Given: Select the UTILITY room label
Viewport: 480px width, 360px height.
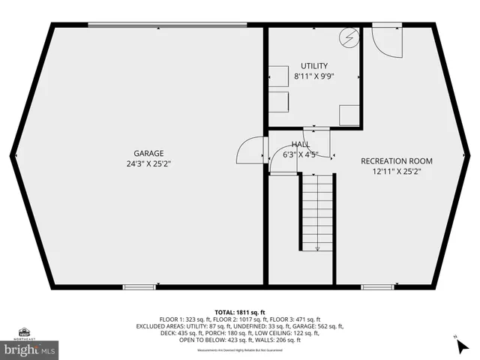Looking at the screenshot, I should (x=314, y=66).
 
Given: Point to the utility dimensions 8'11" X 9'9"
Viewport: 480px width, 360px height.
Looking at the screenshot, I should (x=314, y=76).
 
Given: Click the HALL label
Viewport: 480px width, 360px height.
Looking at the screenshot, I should (x=301, y=144).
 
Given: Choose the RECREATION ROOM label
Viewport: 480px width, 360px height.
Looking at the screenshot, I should (x=397, y=160).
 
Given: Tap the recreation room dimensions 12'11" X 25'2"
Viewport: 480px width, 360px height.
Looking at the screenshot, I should (x=397, y=171).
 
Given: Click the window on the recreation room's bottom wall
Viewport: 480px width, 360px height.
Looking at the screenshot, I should (x=376, y=286).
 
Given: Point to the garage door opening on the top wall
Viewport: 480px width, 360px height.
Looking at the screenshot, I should (x=166, y=25).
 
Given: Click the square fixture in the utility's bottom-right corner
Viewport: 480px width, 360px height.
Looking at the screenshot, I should (x=349, y=115).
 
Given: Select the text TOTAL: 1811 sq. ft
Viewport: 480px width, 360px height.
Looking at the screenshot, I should (x=239, y=311).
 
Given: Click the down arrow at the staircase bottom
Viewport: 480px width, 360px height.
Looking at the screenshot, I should (x=318, y=247).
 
